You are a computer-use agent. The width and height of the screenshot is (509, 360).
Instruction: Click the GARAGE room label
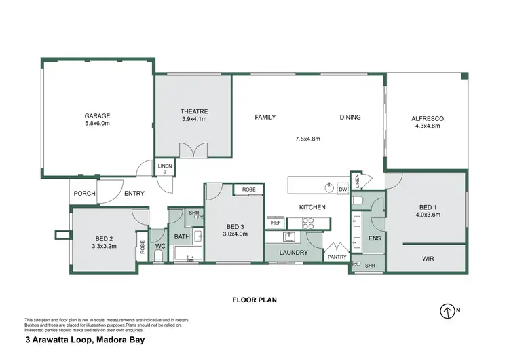click(97, 115)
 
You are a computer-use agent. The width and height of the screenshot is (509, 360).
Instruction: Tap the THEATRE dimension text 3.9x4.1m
click(193, 120)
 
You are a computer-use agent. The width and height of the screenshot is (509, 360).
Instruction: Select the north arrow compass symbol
click(447, 310)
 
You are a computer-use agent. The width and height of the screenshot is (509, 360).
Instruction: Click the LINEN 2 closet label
click(165, 168)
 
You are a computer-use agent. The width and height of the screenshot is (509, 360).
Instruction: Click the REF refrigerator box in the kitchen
click(276, 222)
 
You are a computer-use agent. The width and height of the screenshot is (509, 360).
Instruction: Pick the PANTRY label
click(337, 257)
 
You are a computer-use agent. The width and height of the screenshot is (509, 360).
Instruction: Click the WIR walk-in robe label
click(428, 259)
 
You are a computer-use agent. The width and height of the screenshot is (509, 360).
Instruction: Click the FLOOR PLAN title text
click(254, 299)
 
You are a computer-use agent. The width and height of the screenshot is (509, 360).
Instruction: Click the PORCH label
click(84, 194)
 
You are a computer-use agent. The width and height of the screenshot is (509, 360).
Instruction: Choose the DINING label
click(350, 117)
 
